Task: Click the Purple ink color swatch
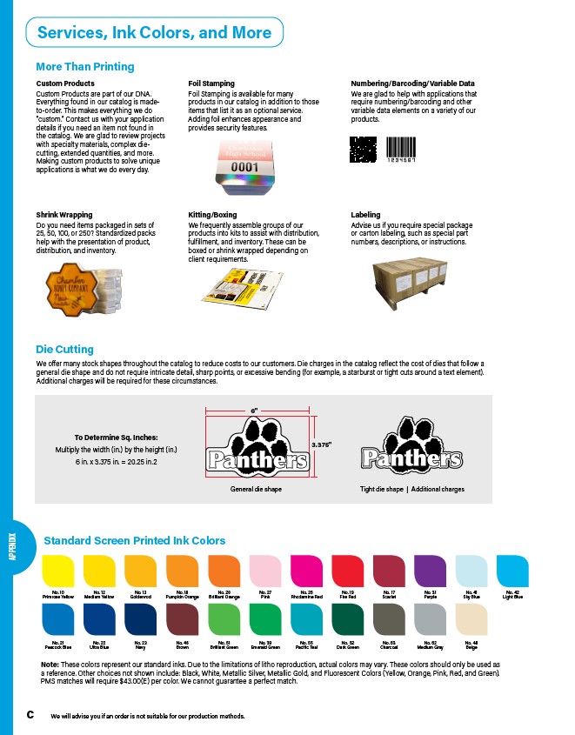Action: point(430,571)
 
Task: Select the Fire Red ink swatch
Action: point(347,571)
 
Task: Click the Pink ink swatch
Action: point(264,571)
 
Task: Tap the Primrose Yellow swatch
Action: point(57,571)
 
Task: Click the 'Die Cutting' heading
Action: point(64,350)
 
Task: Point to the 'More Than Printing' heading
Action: point(84,66)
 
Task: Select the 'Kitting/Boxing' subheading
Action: point(212,214)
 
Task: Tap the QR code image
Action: point(363,150)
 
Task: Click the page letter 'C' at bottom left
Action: point(30,714)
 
